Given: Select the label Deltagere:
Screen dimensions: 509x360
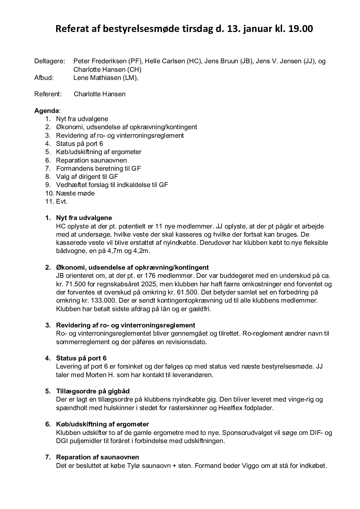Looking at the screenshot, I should [x=50, y=61].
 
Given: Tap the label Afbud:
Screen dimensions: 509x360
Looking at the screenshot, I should [x=44, y=78].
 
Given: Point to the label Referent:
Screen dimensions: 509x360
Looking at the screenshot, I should [x=48, y=94].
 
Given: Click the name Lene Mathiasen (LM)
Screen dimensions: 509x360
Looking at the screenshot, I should [x=105, y=78].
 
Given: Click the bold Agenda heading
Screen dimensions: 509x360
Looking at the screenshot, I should [x=47, y=111].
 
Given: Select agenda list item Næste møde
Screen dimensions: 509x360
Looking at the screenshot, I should [x=75, y=193].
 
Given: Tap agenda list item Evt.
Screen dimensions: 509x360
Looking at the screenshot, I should [x=62, y=201].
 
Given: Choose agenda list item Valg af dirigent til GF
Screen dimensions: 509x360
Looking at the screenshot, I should [x=87, y=176].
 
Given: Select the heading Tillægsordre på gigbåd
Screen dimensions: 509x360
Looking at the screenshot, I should [x=93, y=391].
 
